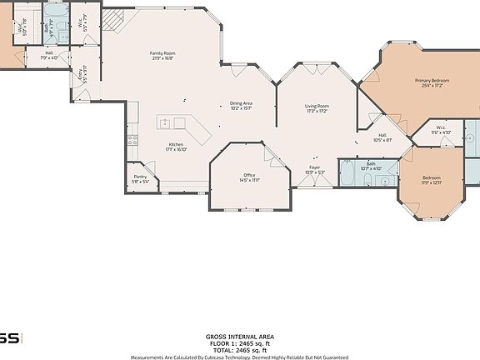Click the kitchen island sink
[166, 124]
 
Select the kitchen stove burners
[132, 139]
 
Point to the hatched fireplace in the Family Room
[112, 20]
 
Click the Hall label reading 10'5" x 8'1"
[382, 137]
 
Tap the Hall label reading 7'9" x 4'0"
[50, 56]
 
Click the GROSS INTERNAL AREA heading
[239, 337]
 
